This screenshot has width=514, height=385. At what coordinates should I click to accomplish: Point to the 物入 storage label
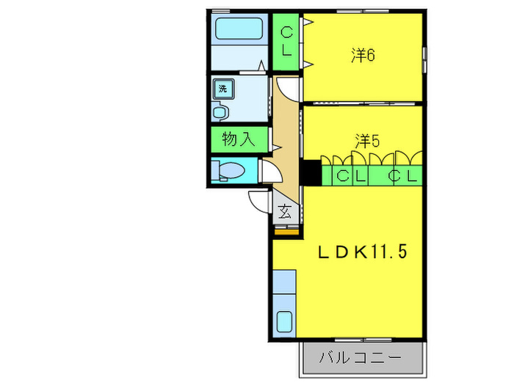pos(239,139)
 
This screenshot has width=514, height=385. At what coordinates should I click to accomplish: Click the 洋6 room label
pos(363,56)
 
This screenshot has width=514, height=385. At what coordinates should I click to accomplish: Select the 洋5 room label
pos(366,140)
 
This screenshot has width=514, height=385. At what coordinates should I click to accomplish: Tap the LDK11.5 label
pos(361,252)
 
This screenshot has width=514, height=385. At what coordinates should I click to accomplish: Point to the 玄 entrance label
pos(285,213)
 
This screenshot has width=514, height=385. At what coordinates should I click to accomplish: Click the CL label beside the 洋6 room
pos(287,41)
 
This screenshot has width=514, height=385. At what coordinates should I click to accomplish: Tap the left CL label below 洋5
pos(350,176)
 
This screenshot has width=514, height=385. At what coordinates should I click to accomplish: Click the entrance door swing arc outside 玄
pos(258,199)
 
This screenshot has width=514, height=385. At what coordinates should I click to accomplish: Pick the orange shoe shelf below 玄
pos(287,232)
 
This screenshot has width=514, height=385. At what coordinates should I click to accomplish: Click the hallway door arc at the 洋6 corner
pos(290,89)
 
